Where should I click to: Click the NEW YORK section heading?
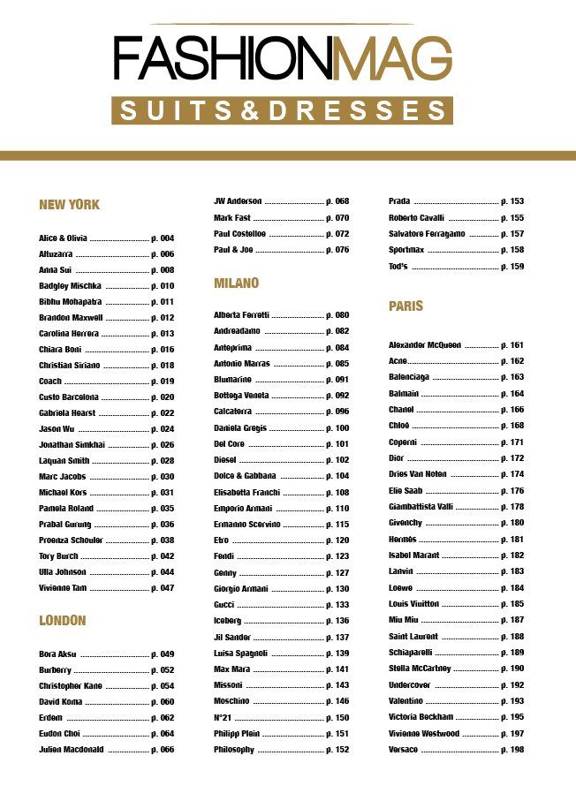coord(70,205)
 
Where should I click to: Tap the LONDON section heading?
coord(63,621)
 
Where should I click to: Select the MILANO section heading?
coord(237,283)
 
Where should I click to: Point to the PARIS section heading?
coord(406,306)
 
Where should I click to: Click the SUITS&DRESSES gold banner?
coord(282,110)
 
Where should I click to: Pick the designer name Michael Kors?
coord(62,493)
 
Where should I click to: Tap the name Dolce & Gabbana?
coord(245,476)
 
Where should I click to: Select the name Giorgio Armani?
coord(240,589)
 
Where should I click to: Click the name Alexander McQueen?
coord(425,345)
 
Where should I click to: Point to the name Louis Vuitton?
coord(414,604)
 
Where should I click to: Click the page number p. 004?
coord(163,238)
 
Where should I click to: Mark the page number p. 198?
coord(512,750)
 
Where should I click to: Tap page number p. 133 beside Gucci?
coord(337,605)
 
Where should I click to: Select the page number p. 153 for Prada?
coord(512,201)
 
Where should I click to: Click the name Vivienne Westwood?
coord(424,734)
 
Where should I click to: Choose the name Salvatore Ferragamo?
coord(427,234)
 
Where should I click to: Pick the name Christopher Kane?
coord(71,686)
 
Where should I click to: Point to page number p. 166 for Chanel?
coord(512,410)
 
